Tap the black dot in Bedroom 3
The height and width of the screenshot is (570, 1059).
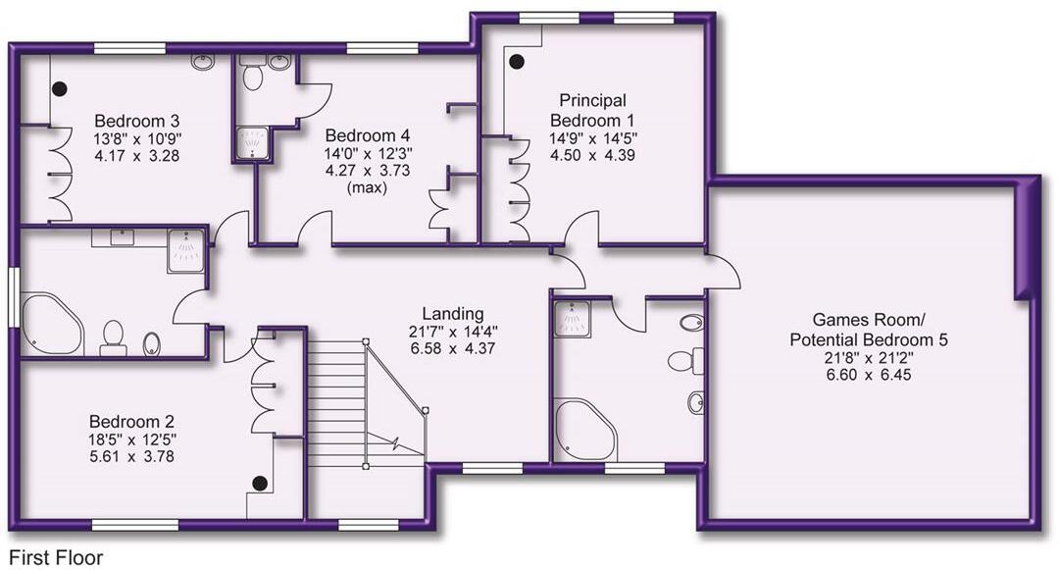point(59,88)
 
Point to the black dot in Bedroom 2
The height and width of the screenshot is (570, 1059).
point(260,483)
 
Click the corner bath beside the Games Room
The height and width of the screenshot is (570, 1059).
point(583,429)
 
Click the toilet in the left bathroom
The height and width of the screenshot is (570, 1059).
point(113,337)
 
